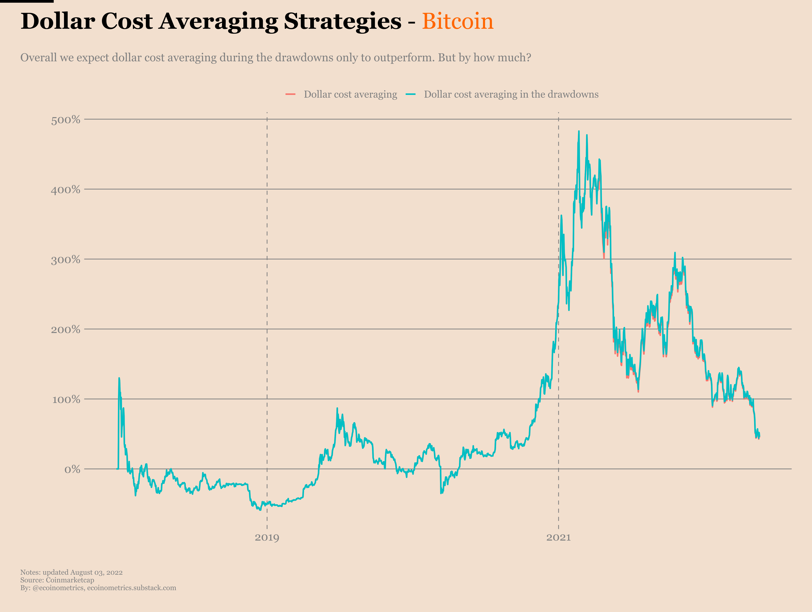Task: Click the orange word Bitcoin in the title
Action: coord(457,21)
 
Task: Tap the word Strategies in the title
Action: coord(343,21)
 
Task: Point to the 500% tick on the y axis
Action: coord(65,120)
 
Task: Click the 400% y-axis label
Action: coord(65,189)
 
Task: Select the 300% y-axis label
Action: coord(65,260)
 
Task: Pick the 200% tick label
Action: coord(65,329)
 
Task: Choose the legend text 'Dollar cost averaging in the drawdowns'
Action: coord(511,94)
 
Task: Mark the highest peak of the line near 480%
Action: coord(579,131)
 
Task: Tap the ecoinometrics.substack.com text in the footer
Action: coord(131,588)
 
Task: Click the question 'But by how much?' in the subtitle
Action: coord(484,58)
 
